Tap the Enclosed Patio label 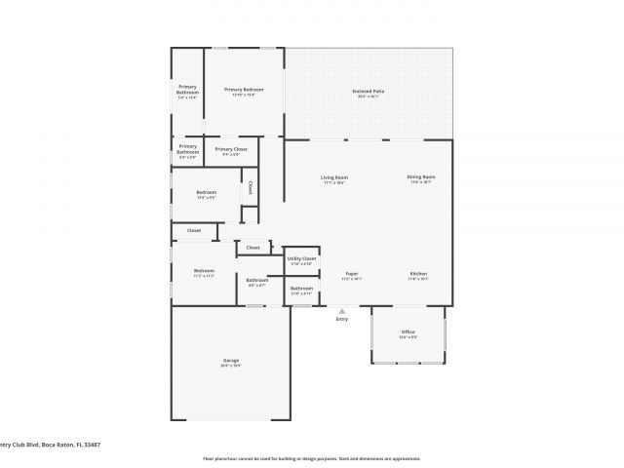[x=368, y=91]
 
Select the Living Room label [x=334, y=177]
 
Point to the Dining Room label [x=421, y=176]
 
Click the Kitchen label [x=418, y=274]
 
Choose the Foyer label [x=352, y=274]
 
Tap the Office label [x=408, y=332]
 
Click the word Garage [x=231, y=361]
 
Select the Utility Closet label [x=301, y=258]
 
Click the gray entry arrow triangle [x=341, y=311]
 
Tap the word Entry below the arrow [x=341, y=320]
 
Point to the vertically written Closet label [x=250, y=187]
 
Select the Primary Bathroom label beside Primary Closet [x=187, y=148]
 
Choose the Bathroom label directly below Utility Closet [x=301, y=288]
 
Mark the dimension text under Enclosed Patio [x=368, y=97]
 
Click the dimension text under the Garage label [x=231, y=367]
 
